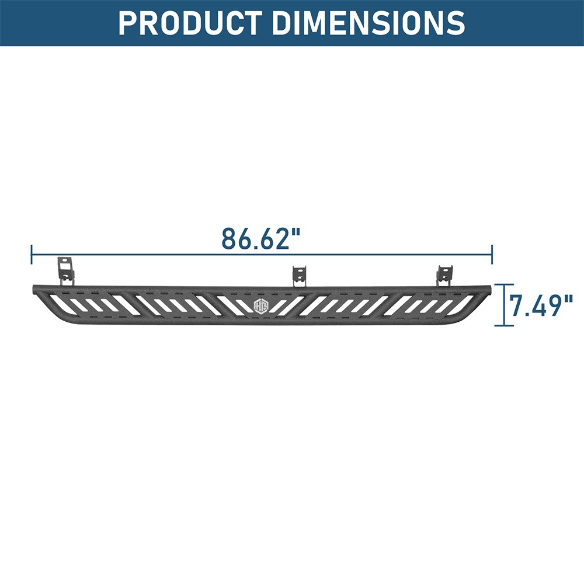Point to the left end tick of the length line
[x=32, y=255]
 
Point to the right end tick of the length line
[x=492, y=255]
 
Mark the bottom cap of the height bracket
[x=504, y=325]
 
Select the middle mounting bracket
[x=300, y=275]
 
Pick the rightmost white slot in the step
[x=465, y=304]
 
